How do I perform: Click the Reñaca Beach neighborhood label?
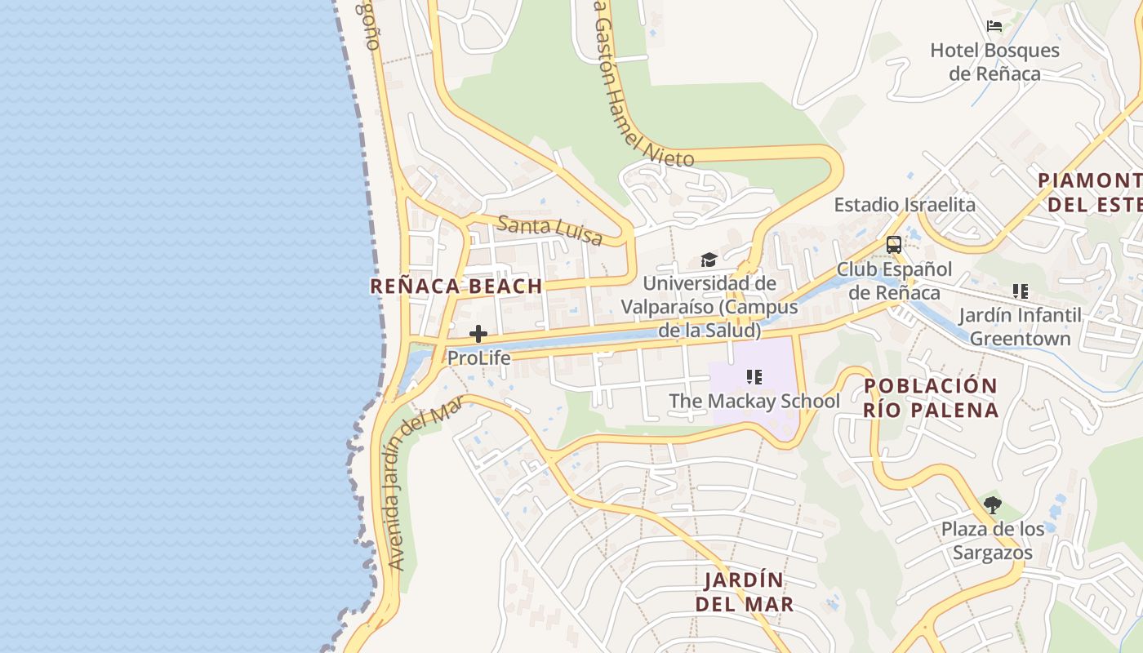(x=456, y=287)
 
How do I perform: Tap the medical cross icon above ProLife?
(x=478, y=334)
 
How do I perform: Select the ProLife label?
(x=478, y=358)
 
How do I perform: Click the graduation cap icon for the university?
(x=709, y=260)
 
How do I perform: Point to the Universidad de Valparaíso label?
(x=709, y=307)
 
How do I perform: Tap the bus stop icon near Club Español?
(x=894, y=244)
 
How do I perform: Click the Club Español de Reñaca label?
(x=894, y=281)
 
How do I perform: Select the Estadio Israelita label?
(x=904, y=205)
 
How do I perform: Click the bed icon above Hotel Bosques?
(x=994, y=26)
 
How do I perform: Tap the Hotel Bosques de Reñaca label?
(x=994, y=62)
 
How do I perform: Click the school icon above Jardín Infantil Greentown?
(x=1020, y=291)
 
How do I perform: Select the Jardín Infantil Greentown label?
(x=1020, y=326)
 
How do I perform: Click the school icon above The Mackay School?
(x=754, y=377)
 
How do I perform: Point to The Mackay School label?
(x=754, y=402)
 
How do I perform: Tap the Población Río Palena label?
(x=931, y=398)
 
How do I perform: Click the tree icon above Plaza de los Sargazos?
(x=993, y=505)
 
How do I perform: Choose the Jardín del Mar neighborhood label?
(x=744, y=592)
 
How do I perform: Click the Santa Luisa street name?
(x=549, y=230)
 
